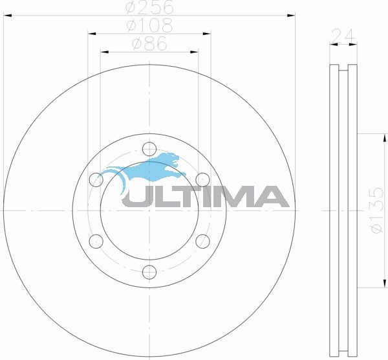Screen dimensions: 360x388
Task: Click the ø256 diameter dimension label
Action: pyautogui.click(x=149, y=8)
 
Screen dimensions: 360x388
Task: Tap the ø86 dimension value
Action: pyautogui.click(x=149, y=45)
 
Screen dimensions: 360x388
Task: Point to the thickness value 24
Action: pyautogui.click(x=343, y=36)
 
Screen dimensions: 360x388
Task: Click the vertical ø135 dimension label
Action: pyautogui.click(x=377, y=210)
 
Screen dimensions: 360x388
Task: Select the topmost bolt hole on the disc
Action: pyautogui.click(x=149, y=148)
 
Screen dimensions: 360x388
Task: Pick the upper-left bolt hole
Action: pyautogui.click(x=96, y=179)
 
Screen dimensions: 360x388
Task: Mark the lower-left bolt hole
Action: pyautogui.click(x=96, y=241)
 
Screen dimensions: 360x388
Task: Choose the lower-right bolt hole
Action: pyautogui.click(x=202, y=241)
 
